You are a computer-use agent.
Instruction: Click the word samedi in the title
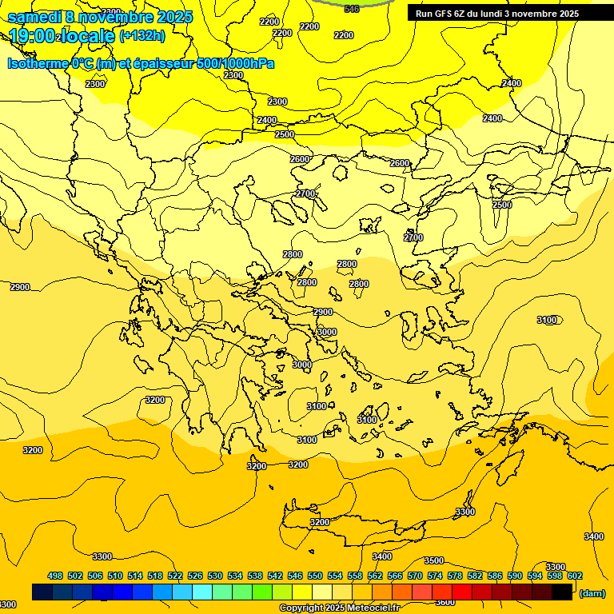pyautogui.click(x=34, y=16)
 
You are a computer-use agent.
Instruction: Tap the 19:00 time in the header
pyautogui.click(x=32, y=36)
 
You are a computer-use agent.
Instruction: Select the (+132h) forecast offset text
pyautogui.click(x=142, y=36)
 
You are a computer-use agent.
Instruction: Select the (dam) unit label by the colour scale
pyautogui.click(x=592, y=592)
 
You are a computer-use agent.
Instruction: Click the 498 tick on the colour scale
pyautogui.click(x=55, y=576)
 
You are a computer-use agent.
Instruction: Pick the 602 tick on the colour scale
pyautogui.click(x=575, y=576)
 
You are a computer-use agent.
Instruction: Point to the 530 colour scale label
pyautogui.click(x=215, y=576)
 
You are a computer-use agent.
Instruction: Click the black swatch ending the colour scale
pyautogui.click(x=562, y=592)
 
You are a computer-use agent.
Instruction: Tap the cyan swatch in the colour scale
pyautogui.click(x=202, y=592)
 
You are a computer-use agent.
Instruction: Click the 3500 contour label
pyautogui.click(x=433, y=560)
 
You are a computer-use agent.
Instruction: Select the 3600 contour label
pyautogui.click(x=445, y=602)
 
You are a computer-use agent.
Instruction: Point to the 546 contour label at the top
pyautogui.click(x=352, y=9)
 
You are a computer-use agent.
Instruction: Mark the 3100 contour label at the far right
pyautogui.click(x=547, y=320)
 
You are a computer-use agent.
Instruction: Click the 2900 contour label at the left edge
pyautogui.click(x=20, y=287)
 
